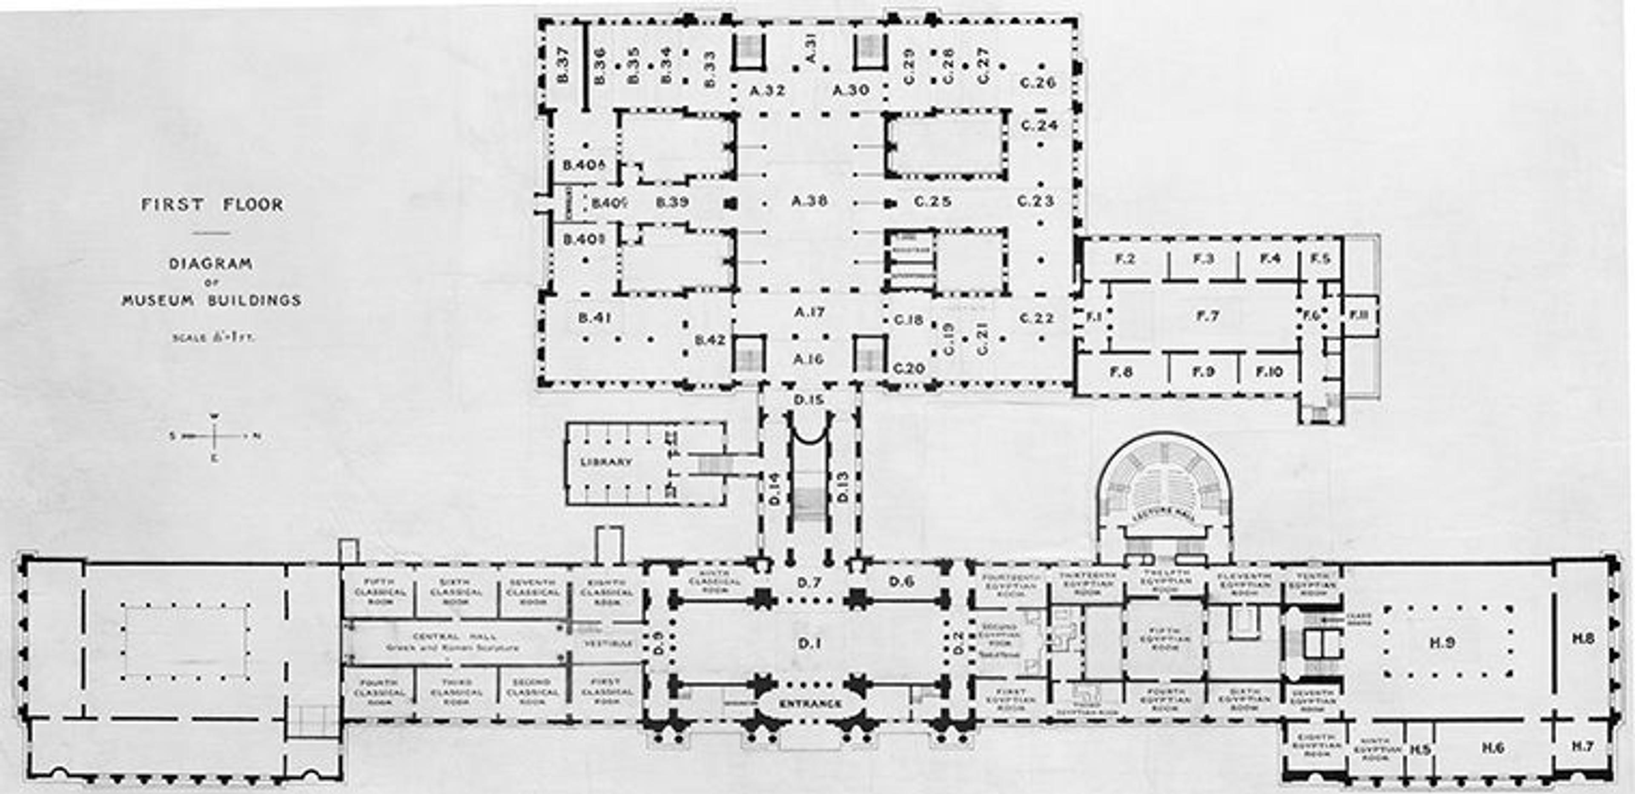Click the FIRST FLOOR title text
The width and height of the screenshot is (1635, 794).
pyautogui.click(x=212, y=204)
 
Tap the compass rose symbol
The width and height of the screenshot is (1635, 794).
pyautogui.click(x=215, y=436)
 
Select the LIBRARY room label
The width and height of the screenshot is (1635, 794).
pyautogui.click(x=606, y=462)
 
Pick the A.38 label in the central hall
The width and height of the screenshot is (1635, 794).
pyautogui.click(x=809, y=201)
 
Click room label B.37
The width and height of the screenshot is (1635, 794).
pyautogui.click(x=563, y=65)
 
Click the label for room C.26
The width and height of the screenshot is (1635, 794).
pyautogui.click(x=1038, y=83)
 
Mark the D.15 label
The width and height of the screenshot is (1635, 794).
pyautogui.click(x=809, y=400)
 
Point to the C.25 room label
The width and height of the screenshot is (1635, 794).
pyautogui.click(x=932, y=201)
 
